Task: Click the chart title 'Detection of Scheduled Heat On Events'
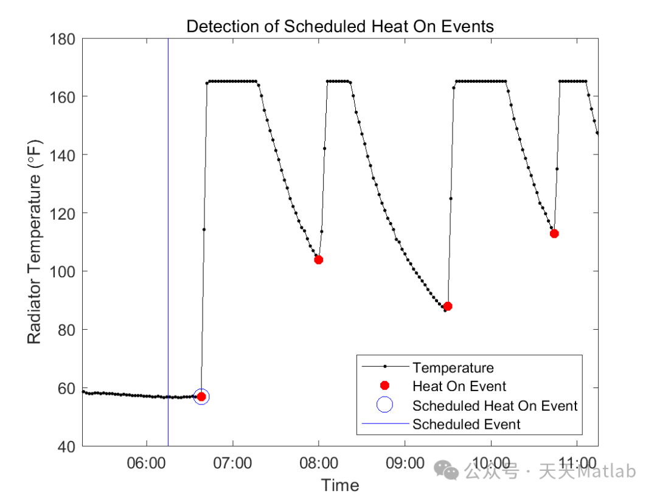point(340,26)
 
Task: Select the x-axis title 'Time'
point(340,485)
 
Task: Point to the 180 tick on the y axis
point(62,39)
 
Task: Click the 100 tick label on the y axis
point(62,271)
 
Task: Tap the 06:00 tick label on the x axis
point(147,463)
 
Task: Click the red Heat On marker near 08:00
point(318,260)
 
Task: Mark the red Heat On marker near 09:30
point(448,306)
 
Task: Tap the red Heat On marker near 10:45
point(554,234)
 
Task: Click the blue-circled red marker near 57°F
point(201,397)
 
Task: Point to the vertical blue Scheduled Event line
point(168,243)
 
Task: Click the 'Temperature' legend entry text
point(453,367)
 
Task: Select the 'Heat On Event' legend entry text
point(459,386)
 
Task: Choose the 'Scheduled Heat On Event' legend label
point(495,406)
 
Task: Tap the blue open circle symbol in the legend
point(384,405)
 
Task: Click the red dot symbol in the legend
point(384,386)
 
